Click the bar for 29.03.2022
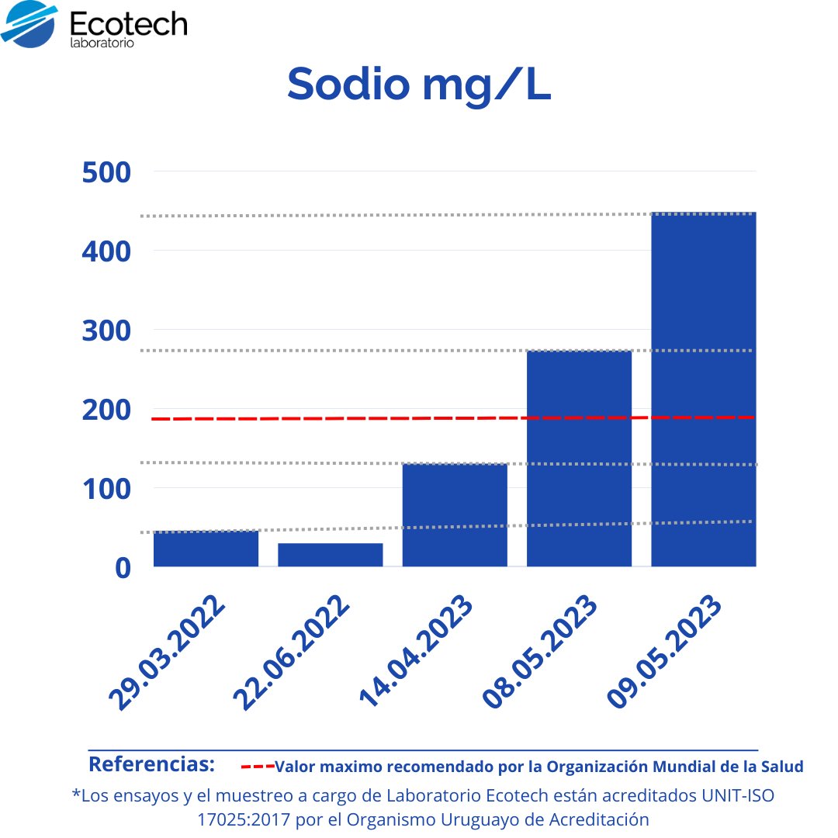point(206,549)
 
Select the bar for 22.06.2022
point(330,555)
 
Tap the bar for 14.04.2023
point(455,515)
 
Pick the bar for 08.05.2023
point(579,459)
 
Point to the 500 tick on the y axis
point(106,172)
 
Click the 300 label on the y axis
point(106,331)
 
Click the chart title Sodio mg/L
point(419,84)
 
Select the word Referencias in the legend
point(151,764)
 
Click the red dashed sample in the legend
point(257,767)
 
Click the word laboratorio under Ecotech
point(102,43)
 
